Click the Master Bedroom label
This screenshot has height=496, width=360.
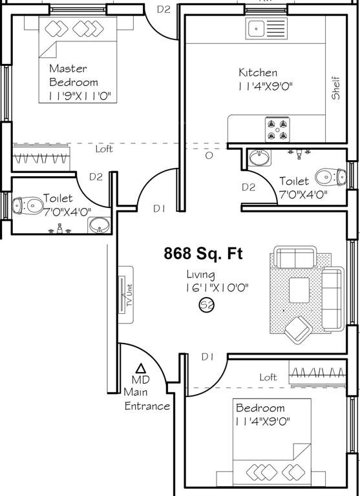pyautogui.click(x=74, y=75)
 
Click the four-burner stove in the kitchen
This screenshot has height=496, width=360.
pyautogui.click(x=277, y=129)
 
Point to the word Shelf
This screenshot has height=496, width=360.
pyautogui.click(x=335, y=88)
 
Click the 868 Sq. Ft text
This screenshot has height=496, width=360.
pyautogui.click(x=203, y=254)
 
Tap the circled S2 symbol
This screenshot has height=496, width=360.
pyautogui.click(x=206, y=305)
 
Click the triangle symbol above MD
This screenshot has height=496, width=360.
pyautogui.click(x=141, y=368)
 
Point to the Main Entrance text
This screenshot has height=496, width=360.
pyautogui.click(x=147, y=400)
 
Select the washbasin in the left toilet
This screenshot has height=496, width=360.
pyautogui.click(x=99, y=225)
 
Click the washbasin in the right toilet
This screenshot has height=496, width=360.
pyautogui.click(x=261, y=157)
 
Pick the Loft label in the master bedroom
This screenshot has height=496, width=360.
pyautogui.click(x=103, y=149)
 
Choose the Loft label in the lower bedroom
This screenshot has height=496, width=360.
pyautogui.click(x=268, y=377)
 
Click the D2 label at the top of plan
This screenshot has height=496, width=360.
pyautogui.click(x=164, y=9)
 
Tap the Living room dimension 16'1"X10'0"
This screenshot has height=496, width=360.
pyautogui.click(x=217, y=289)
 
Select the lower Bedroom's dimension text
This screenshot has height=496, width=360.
pyautogui.click(x=262, y=422)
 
